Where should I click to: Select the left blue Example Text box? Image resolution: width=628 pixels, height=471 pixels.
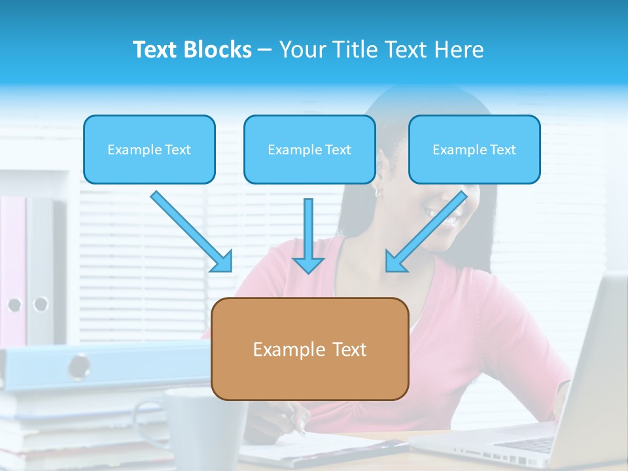click(x=149, y=150)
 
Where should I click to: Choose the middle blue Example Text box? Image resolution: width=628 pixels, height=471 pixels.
click(x=309, y=150)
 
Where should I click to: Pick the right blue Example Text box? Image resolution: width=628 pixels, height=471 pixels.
click(x=474, y=150)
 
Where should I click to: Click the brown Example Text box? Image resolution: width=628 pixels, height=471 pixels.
click(x=310, y=349)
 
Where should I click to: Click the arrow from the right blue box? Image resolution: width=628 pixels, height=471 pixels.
click(x=426, y=232)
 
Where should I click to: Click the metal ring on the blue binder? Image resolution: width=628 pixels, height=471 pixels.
click(x=80, y=366)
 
